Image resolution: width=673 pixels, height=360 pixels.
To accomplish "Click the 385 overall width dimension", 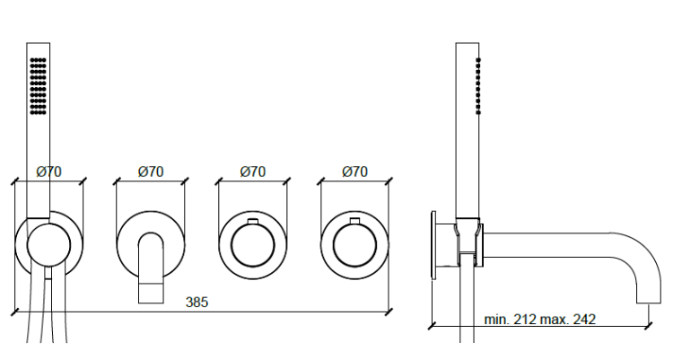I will click(x=197, y=302).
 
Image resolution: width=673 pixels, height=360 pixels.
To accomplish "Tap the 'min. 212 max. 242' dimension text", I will click(x=540, y=319).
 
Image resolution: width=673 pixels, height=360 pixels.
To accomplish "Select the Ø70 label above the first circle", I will click(x=49, y=171).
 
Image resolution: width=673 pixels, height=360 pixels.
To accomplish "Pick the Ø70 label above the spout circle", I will click(x=151, y=171).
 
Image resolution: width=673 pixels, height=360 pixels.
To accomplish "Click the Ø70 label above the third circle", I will click(x=253, y=171).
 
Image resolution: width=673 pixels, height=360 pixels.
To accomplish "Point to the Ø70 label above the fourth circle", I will click(x=355, y=171).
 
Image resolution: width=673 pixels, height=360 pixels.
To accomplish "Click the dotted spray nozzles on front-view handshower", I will click(x=38, y=86).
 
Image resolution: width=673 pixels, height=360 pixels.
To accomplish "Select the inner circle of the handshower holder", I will click(x=48, y=244).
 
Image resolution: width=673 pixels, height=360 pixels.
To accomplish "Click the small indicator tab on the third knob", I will click(x=253, y=221).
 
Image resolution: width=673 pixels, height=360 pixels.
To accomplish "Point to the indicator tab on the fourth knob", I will click(x=355, y=221).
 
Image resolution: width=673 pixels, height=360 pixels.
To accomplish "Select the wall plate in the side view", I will click(x=433, y=242).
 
